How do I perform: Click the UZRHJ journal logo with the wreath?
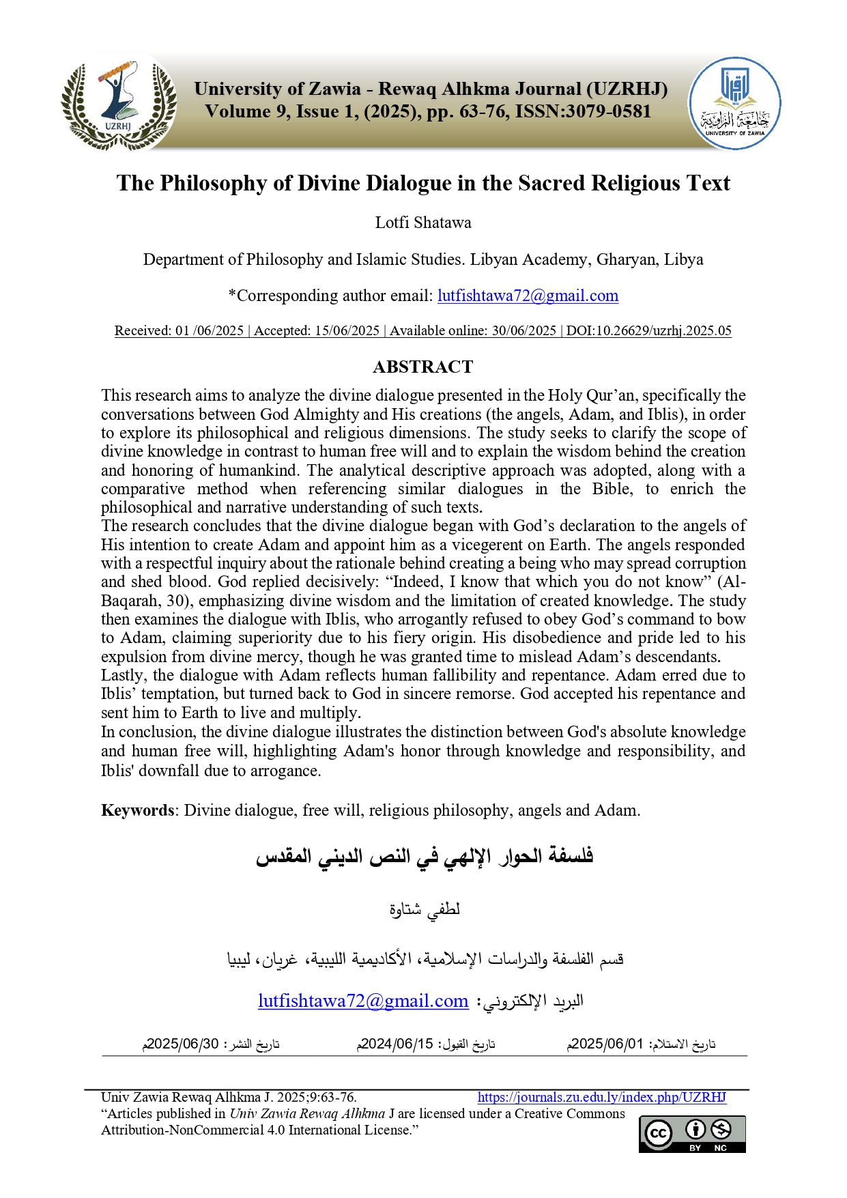tap(119, 104)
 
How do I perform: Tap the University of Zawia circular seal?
tap(734, 103)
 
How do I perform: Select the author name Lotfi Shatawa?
tap(423, 223)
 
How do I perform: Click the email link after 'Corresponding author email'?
tap(528, 296)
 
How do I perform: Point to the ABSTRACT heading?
tap(422, 367)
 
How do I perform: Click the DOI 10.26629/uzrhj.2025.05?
tap(648, 331)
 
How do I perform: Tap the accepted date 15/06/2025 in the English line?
tap(347, 331)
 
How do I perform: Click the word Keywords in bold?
tap(138, 810)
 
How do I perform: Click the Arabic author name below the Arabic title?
tap(425, 909)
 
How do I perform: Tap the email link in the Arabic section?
tap(363, 1001)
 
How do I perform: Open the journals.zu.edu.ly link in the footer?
tap(601, 1098)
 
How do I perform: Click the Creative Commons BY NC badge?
tap(692, 1134)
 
